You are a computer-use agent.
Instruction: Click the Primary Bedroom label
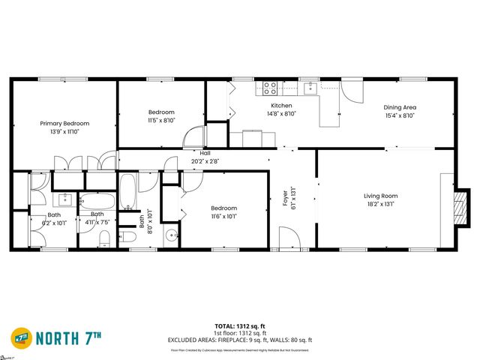(x=64, y=124)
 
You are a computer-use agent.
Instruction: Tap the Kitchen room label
(x=281, y=106)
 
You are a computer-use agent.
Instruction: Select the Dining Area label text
(x=399, y=107)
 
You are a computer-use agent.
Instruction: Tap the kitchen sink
(x=310, y=88)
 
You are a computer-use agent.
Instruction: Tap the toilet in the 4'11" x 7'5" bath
(x=105, y=238)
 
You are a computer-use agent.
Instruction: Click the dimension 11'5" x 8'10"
(x=161, y=120)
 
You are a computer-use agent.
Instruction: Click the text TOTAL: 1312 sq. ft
(x=239, y=325)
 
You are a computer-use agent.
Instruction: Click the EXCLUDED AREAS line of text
(x=239, y=340)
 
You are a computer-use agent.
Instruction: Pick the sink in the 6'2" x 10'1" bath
(x=64, y=199)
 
